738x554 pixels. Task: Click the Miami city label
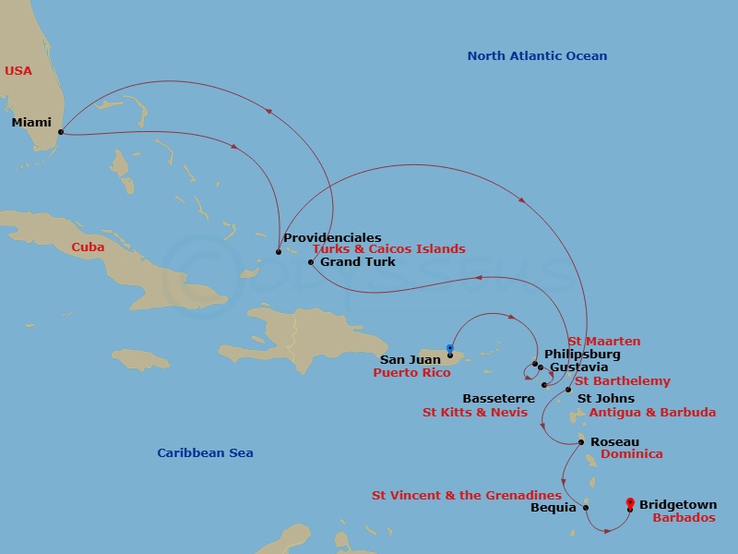[x=31, y=122]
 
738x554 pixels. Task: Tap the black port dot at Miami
[x=61, y=132]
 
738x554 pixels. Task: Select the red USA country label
[x=18, y=70]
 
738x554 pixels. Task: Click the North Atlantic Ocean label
[x=537, y=56]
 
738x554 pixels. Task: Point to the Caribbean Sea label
[x=205, y=452]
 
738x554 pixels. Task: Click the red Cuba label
[x=88, y=247]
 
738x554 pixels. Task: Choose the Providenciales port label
[x=332, y=237]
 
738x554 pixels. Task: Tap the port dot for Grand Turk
[x=311, y=262]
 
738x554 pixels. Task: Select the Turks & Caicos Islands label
[x=388, y=249]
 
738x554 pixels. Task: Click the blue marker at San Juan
[x=449, y=349]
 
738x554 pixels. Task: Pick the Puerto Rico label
[x=411, y=373]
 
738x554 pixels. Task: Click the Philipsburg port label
[x=582, y=354]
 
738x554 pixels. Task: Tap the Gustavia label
[x=578, y=367]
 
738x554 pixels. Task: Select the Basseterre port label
[x=498, y=399]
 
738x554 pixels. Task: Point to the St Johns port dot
[x=568, y=390]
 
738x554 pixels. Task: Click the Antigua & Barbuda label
[x=652, y=413]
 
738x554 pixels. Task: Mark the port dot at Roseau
[x=580, y=442]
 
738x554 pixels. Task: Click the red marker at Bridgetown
[x=630, y=503]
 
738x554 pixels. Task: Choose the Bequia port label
[x=553, y=507]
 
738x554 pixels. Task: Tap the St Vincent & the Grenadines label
[x=467, y=495]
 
